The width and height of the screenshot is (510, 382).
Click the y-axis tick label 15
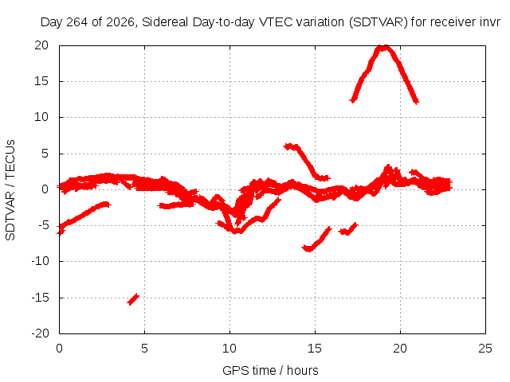pyautogui.click(x=41, y=81)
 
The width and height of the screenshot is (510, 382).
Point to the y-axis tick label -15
pyautogui.click(x=40, y=297)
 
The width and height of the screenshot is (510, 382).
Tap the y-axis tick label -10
pyautogui.click(x=40, y=261)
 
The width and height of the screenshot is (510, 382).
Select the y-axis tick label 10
pyautogui.click(x=41, y=117)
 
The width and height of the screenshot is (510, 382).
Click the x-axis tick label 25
pyautogui.click(x=485, y=349)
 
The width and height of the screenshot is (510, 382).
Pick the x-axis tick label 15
pyautogui.click(x=315, y=349)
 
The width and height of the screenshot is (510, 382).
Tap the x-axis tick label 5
pyautogui.click(x=144, y=349)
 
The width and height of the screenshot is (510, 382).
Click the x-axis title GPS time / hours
pyautogui.click(x=270, y=370)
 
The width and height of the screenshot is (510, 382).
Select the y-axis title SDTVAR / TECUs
pyautogui.click(x=10, y=190)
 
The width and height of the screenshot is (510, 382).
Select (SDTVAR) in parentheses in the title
pyautogui.click(x=379, y=22)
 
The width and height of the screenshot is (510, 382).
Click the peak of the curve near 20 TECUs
pyautogui.click(x=386, y=48)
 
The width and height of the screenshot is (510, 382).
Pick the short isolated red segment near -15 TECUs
pyautogui.click(x=133, y=299)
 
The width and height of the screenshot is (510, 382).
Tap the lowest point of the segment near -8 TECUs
pyautogui.click(x=308, y=249)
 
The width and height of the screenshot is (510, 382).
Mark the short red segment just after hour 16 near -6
pyautogui.click(x=348, y=229)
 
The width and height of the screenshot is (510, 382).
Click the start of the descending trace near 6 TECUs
pyautogui.click(x=286, y=146)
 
